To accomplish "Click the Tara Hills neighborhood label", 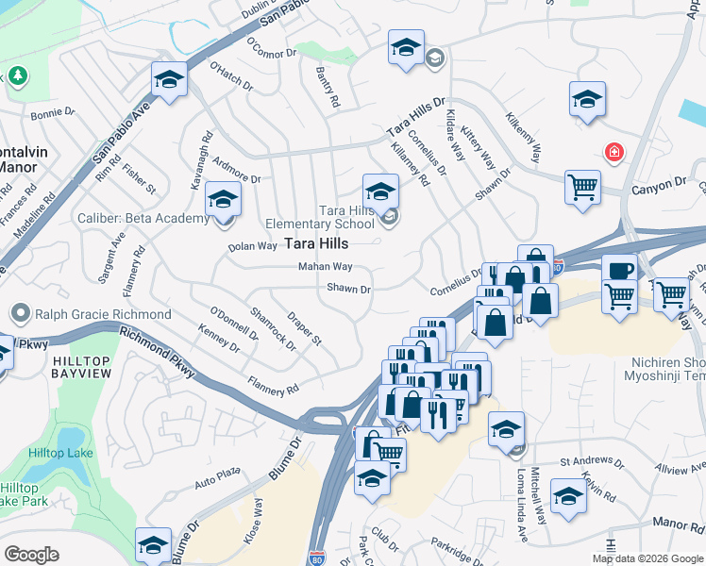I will [290, 243].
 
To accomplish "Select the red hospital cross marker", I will [614, 152].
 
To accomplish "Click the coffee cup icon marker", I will [619, 271].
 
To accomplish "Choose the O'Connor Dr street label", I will [271, 47].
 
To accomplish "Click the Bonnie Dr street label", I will [52, 113].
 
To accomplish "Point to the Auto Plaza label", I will [218, 476].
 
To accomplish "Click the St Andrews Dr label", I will [591, 462].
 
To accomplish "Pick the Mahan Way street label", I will [325, 267].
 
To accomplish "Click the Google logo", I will [31, 554].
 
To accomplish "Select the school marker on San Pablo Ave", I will [170, 80].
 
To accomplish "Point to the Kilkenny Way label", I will [525, 136].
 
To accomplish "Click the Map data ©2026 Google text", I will [647, 558].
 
